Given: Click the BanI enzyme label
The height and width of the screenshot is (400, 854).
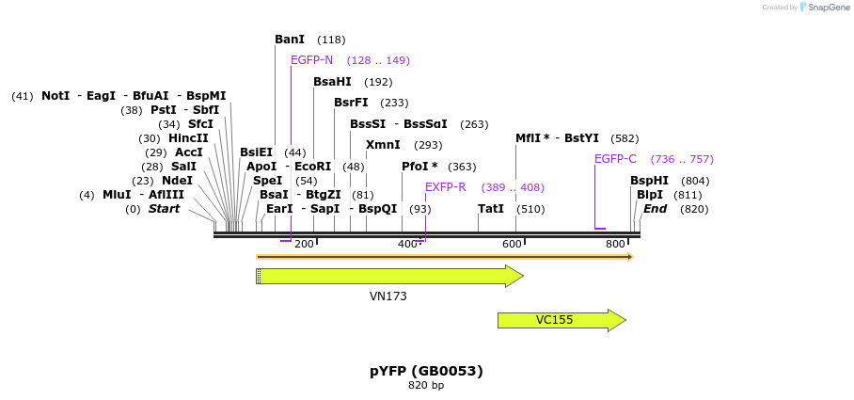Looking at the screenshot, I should point(290,40).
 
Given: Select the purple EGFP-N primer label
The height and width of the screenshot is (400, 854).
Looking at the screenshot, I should point(311,60).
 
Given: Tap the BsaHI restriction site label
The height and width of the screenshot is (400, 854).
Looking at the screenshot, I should point(332,82).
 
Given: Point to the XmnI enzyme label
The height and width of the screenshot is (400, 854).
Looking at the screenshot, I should point(383,145).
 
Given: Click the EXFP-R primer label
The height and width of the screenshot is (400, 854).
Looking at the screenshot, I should point(446,187).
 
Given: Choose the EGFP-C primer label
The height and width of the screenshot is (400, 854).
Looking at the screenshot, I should point(615,159).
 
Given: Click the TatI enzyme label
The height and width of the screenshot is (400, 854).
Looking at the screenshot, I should point(491,209).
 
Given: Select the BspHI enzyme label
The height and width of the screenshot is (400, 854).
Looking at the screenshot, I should point(649,181).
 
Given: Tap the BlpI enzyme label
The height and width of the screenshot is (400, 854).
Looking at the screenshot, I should point(650,195).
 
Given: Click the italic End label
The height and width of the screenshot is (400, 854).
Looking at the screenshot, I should point(655,209).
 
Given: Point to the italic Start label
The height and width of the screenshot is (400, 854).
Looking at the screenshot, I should point(164,209).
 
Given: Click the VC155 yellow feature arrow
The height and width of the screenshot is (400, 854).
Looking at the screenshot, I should point(561,320).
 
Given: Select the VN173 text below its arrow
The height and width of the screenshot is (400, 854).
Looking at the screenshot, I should point(388,296).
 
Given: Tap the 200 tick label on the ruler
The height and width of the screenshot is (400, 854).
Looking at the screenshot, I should point(304,245).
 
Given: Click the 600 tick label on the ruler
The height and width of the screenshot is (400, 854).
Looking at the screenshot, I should point(512,245).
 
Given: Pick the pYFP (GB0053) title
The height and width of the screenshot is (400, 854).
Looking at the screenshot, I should point(426,371).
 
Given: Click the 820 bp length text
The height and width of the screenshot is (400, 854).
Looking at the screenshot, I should point(426,386).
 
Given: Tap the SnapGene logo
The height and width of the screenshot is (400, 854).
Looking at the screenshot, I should point(824,8).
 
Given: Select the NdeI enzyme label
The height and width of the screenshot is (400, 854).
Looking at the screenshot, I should point(177,181).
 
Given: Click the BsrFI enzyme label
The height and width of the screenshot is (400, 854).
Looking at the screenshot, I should point(352,103).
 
